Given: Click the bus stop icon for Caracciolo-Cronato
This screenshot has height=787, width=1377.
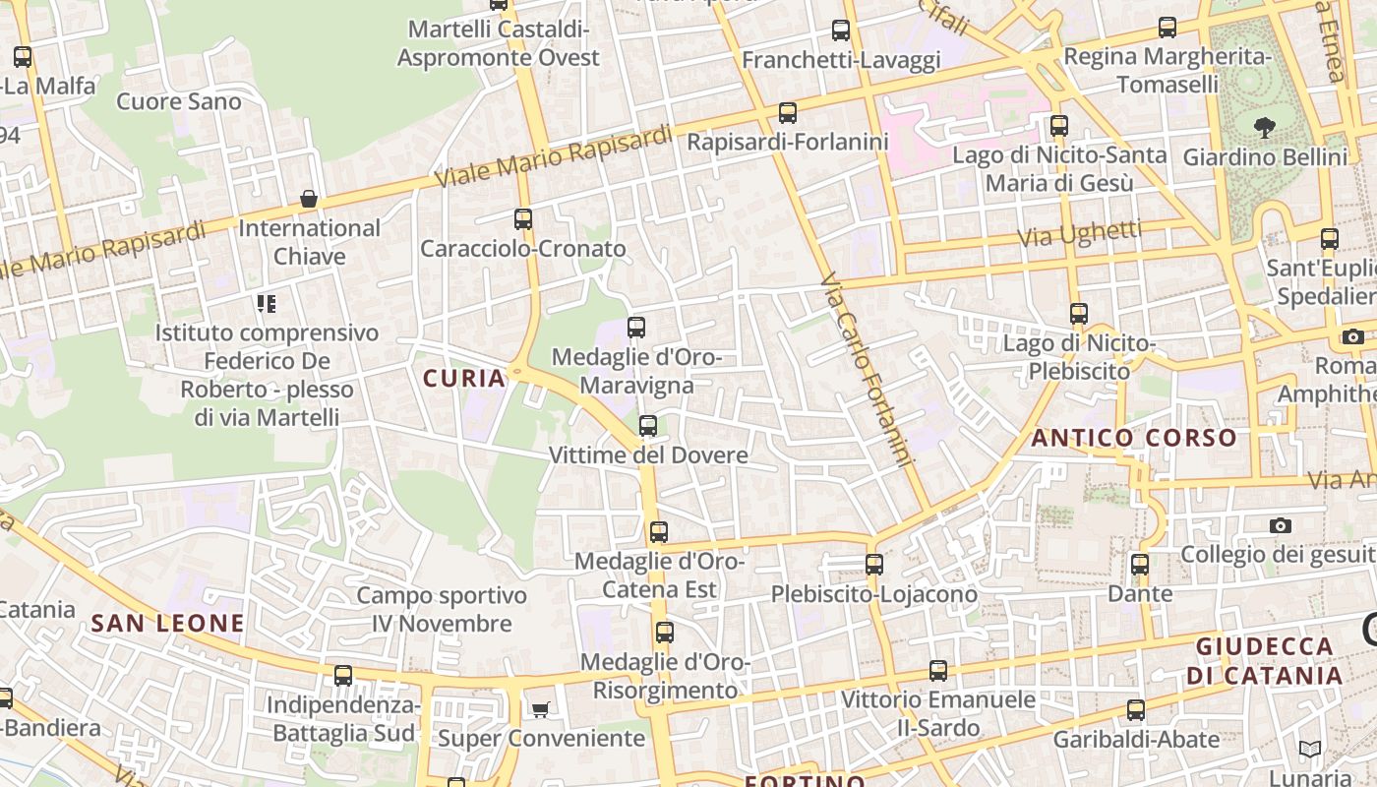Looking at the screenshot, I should tap(523, 219).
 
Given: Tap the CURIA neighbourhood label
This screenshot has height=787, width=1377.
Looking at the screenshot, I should tap(464, 378).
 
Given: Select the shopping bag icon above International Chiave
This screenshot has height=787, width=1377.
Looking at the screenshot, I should tap(309, 200).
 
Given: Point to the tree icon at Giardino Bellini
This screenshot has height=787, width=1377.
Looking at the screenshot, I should tap(1265, 127).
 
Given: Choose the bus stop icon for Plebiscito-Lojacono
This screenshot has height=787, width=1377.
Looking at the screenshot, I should tap(874, 565).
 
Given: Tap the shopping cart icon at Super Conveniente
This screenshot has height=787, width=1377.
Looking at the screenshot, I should tap(540, 709).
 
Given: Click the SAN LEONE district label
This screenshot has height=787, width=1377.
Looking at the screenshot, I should tap(167, 623).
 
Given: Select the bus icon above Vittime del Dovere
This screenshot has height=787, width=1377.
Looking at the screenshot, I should tap(647, 426).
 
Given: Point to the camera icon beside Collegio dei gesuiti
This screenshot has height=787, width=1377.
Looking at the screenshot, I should tap(1280, 525).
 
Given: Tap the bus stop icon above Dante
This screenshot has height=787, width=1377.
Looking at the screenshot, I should tap(1140, 565).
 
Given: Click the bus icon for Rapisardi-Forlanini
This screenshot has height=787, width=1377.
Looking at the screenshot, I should tap(788, 113).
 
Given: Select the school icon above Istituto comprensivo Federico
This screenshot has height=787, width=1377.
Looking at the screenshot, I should tap(267, 303).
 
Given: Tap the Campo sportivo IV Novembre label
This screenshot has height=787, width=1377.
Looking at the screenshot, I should tap(442, 609).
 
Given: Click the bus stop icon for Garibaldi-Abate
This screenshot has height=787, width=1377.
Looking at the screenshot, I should tap(1136, 710).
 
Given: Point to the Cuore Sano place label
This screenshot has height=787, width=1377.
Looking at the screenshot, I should tap(178, 101).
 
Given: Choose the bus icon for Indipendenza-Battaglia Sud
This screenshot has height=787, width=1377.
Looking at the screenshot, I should tap(343, 676).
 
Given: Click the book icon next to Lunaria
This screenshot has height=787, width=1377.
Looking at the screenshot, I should tap(1309, 750).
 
